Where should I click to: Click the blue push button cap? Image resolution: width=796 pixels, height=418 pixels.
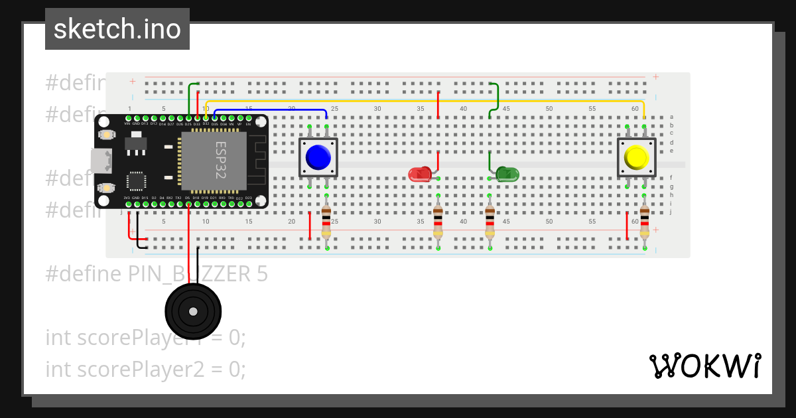point(318,157)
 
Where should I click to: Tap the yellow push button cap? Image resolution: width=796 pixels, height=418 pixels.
point(636,157)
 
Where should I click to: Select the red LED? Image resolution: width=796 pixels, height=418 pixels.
point(420,174)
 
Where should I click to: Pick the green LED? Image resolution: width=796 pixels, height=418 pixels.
point(508,174)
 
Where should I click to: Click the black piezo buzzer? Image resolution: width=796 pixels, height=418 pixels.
point(192,311)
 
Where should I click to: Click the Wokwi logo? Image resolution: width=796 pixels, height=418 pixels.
point(704,366)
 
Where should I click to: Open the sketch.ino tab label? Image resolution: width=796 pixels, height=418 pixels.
point(117,29)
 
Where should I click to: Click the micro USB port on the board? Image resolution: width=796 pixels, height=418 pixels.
point(101,161)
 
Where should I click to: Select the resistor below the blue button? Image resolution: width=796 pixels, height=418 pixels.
point(326,221)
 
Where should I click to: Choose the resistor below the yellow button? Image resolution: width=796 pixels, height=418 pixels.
point(644,221)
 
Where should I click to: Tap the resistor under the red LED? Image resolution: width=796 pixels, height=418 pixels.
point(438,221)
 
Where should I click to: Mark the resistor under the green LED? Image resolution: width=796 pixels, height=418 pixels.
point(490,221)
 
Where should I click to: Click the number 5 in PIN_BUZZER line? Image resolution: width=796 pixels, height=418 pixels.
point(263,273)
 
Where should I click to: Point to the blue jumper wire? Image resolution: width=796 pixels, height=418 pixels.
point(272,110)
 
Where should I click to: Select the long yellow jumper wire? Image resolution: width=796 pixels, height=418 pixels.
point(425,102)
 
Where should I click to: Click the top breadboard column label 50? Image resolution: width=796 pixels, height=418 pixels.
point(549,109)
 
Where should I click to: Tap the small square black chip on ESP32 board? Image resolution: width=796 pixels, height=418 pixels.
point(136,181)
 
